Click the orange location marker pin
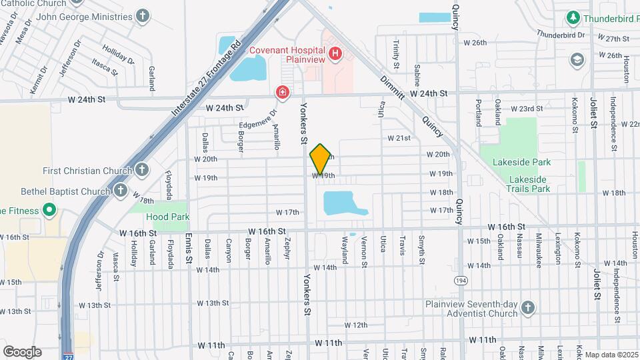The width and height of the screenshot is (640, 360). (321, 159)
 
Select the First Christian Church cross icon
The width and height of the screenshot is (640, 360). (141, 170)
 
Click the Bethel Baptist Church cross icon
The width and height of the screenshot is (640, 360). (120, 191)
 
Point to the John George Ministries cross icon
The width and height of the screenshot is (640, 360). (142, 15)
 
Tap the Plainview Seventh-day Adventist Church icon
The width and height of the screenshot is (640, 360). (527, 307)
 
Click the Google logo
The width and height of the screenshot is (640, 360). (22, 351)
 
